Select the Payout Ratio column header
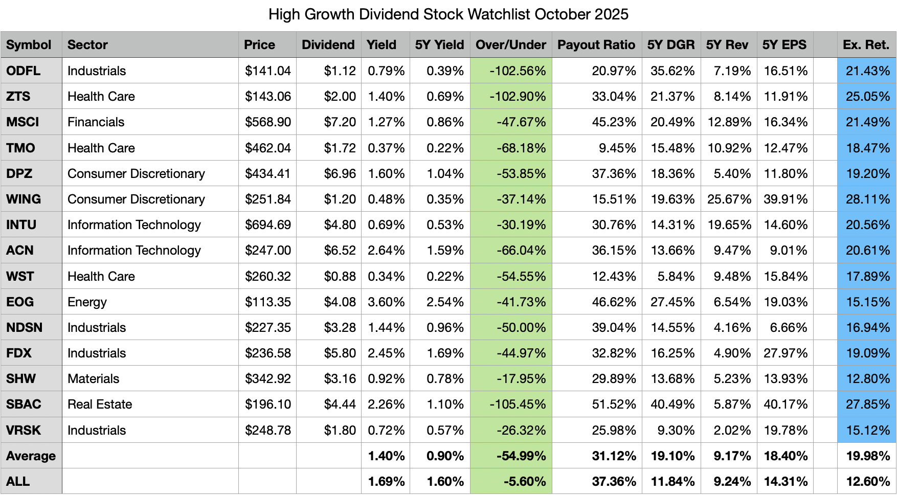(596, 45)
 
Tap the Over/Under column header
(510, 45)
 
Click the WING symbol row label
(24, 199)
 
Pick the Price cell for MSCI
(267, 122)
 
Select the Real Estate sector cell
(100, 404)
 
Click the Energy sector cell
(87, 302)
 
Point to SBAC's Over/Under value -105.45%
(518, 404)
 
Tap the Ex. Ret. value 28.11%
(867, 199)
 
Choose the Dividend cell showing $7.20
(340, 122)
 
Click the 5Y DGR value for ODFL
(672, 71)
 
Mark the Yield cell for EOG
(386, 302)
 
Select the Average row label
(31, 456)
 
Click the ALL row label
(18, 482)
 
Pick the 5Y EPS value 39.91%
(785, 199)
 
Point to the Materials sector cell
(93, 379)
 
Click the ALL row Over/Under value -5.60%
(524, 482)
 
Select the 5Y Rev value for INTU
(729, 225)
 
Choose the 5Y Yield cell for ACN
(445, 251)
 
